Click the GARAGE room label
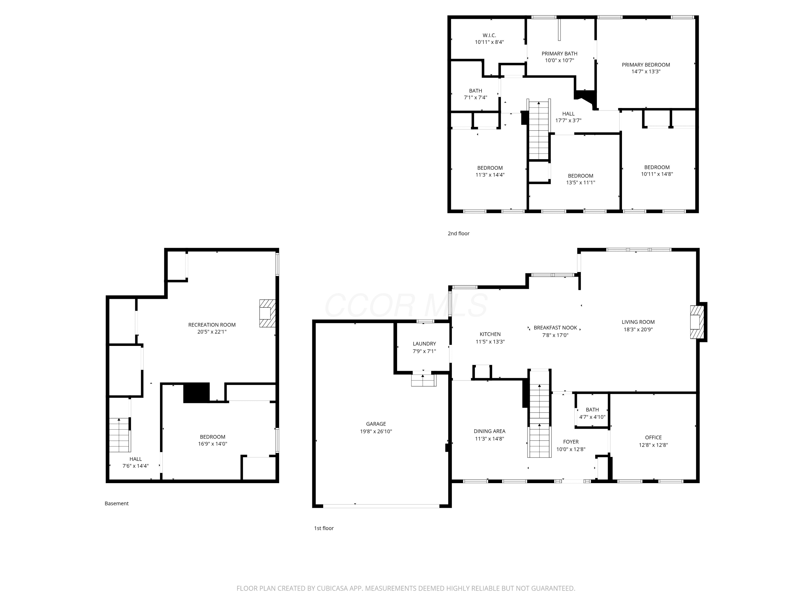click(x=376, y=424)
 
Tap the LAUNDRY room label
click(x=424, y=343)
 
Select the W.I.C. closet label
click(x=489, y=35)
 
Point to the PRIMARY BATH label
click(x=559, y=54)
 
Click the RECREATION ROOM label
click(x=212, y=325)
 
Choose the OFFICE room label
click(x=653, y=437)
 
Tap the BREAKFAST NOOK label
click(x=555, y=328)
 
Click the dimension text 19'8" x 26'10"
click(x=376, y=431)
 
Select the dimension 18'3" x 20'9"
click(x=638, y=329)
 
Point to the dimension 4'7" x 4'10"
click(x=592, y=417)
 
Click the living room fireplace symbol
click(x=697, y=322)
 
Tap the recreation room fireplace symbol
click(x=267, y=313)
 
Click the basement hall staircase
click(x=120, y=435)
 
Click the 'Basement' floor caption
click(x=116, y=503)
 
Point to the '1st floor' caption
click(x=324, y=528)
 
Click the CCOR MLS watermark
click(x=406, y=305)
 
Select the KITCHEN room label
click(x=490, y=334)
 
